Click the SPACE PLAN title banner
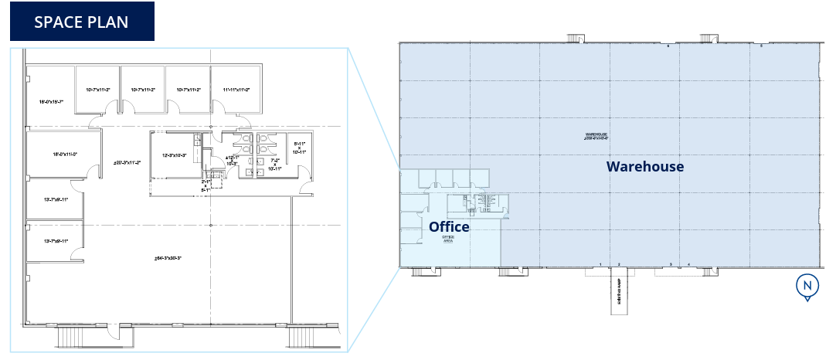(x=81, y=21)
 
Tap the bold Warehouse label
(x=644, y=166)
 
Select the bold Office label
(x=449, y=226)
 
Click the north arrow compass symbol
(x=807, y=287)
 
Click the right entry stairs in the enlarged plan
(x=304, y=337)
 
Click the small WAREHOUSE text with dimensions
(x=597, y=136)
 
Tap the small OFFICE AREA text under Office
(x=447, y=239)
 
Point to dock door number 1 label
(x=600, y=264)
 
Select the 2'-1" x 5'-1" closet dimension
(x=206, y=185)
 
